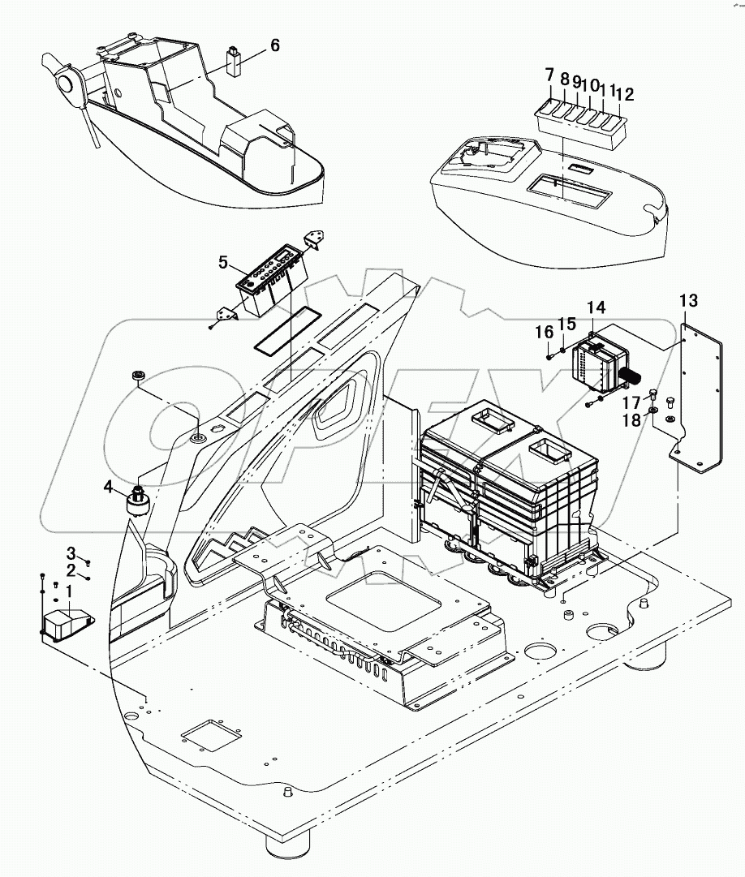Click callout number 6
[x=275, y=45]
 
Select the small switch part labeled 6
[x=234, y=62]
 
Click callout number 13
[x=687, y=302]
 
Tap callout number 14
[x=596, y=307]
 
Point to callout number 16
[x=543, y=332]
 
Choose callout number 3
[x=71, y=552]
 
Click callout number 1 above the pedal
[x=69, y=591]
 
